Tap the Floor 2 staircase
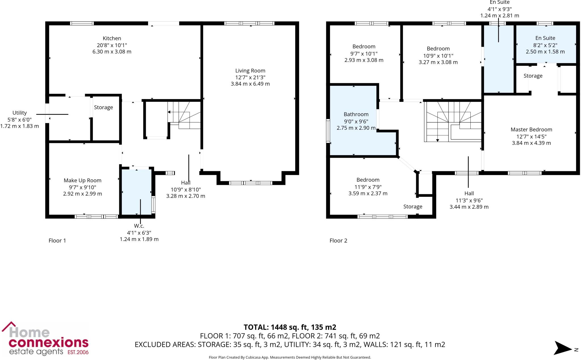click(x=452, y=122)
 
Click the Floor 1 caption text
click(x=57, y=240)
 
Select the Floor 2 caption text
click(x=338, y=240)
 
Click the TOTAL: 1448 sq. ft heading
click(x=290, y=327)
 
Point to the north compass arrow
click(x=563, y=348)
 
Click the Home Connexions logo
click(x=45, y=339)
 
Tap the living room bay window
click(x=250, y=183)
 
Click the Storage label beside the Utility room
click(x=103, y=107)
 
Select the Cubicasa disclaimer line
click(x=290, y=357)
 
